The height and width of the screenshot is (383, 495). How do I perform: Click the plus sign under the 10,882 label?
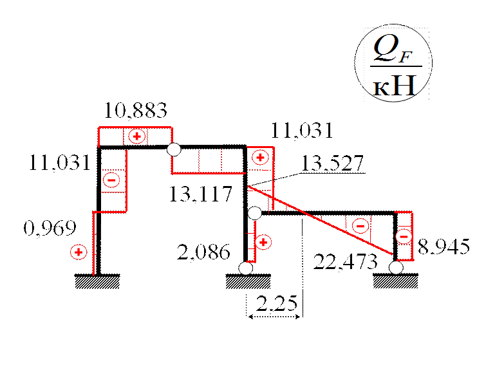pyautogui.click(x=136, y=136)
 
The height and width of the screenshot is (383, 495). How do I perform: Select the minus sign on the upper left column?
pyautogui.click(x=111, y=180)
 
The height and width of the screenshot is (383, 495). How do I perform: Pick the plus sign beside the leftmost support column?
pyautogui.click(x=79, y=252)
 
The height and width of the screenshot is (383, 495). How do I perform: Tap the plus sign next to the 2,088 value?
pyautogui.click(x=263, y=242)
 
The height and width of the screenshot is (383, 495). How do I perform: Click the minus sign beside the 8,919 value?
pyautogui.click(x=404, y=237)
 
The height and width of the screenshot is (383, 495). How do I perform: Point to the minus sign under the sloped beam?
pyautogui.click(x=360, y=225)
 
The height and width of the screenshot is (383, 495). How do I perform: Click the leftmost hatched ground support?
pyautogui.click(x=97, y=282)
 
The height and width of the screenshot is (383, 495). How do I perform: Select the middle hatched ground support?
pyautogui.click(x=248, y=282)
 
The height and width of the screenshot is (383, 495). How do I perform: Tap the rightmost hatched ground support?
pyautogui.click(x=395, y=282)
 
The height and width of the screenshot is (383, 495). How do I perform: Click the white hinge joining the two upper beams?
pyautogui.click(x=173, y=151)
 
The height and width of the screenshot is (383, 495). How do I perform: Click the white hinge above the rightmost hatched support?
pyautogui.click(x=396, y=267)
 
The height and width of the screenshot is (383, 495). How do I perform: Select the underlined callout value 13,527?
pyautogui.click(x=335, y=165)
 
